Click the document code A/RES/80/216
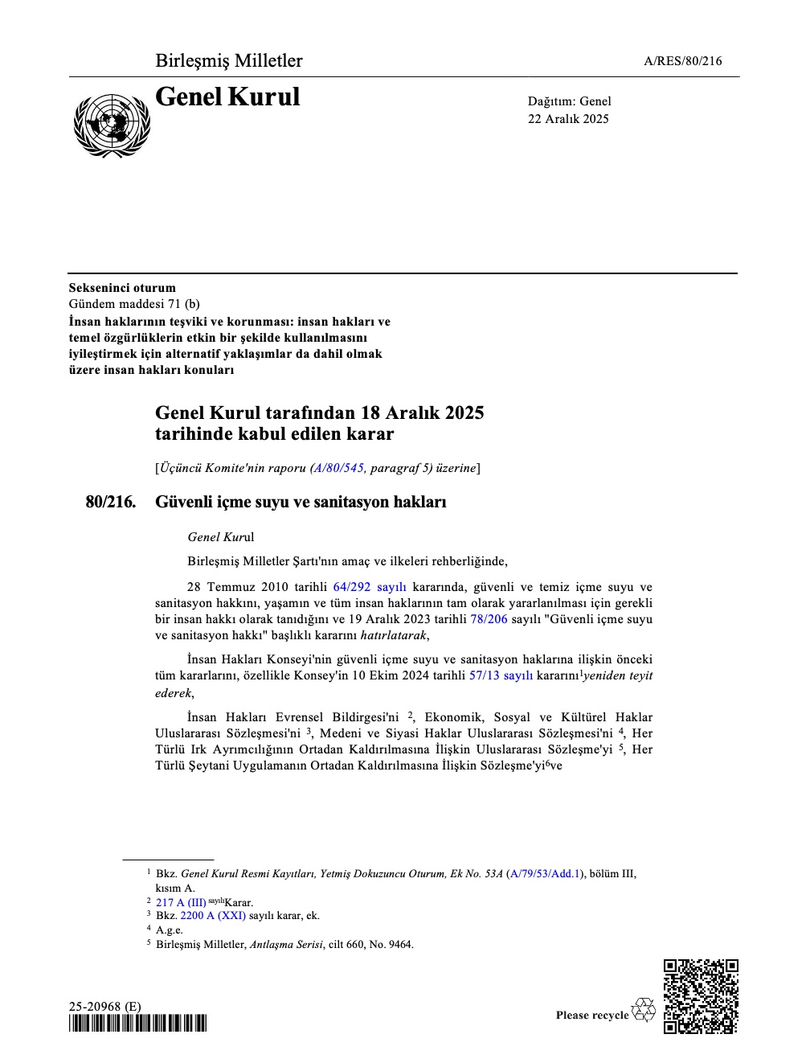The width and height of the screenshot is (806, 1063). point(683,61)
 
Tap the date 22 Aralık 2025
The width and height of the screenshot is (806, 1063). point(568,119)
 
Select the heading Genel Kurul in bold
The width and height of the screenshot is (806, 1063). point(227,97)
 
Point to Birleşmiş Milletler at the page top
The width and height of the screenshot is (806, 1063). point(229,61)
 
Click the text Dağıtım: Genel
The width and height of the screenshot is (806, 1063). point(569,101)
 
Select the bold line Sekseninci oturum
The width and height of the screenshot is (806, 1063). point(122,288)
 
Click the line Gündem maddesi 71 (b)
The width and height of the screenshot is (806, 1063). point(134,304)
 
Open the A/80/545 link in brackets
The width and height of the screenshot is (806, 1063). point(338,467)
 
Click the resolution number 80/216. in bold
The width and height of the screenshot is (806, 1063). point(111,502)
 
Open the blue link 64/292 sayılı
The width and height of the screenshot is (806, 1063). point(370,587)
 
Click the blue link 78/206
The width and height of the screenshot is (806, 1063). point(489,619)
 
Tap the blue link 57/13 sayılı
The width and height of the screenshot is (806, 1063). point(501,675)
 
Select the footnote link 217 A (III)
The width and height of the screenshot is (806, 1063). point(181,902)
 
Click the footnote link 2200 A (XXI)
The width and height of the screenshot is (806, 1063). point(213,915)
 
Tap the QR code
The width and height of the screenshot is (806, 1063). point(701,995)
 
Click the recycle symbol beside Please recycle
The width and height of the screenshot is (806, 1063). point(644,1010)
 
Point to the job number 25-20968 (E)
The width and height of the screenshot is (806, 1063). point(104,1007)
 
